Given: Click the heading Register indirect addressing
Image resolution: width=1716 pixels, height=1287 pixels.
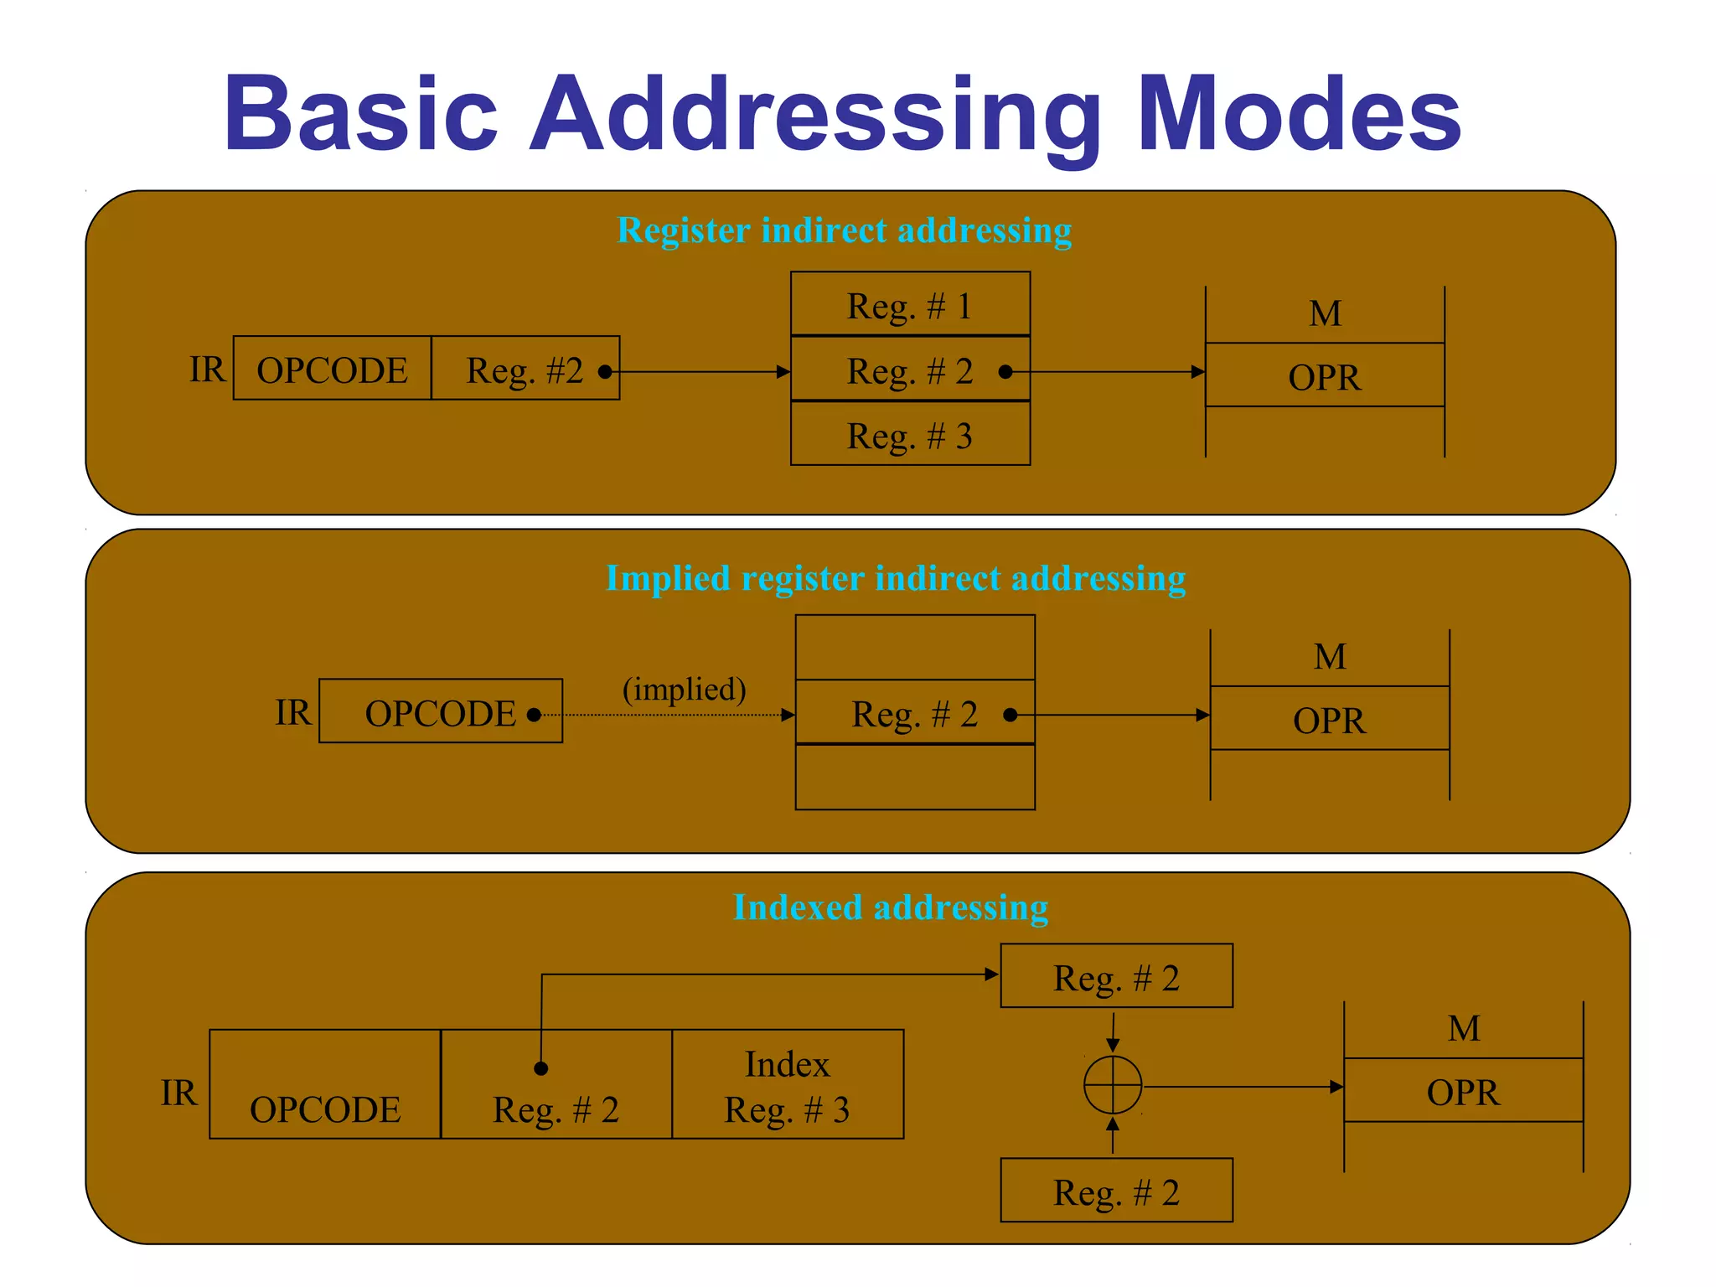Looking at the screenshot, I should [x=844, y=230].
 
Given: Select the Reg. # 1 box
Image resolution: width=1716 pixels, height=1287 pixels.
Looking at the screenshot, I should [x=910, y=305].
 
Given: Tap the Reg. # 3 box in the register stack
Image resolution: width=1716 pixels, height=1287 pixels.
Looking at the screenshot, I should [x=910, y=435].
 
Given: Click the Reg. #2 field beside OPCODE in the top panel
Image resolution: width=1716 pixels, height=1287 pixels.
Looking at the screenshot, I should [x=525, y=370].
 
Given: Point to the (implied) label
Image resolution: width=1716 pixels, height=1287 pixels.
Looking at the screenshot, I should [x=684, y=689].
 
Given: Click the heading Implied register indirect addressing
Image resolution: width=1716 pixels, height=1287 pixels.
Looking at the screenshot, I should [x=895, y=578].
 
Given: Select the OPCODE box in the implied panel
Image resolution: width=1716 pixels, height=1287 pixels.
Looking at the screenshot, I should [x=440, y=712].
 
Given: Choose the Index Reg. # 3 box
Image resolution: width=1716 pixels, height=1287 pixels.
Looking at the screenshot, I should [x=787, y=1085].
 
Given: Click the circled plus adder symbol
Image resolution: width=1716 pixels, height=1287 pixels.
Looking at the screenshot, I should [x=1112, y=1086].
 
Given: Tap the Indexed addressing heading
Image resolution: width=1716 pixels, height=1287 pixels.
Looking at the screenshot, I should [x=890, y=907].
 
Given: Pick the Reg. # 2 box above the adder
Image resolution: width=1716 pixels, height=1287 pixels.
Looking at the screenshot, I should [x=1116, y=977].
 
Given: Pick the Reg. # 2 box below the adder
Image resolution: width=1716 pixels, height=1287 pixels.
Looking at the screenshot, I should [x=1116, y=1191].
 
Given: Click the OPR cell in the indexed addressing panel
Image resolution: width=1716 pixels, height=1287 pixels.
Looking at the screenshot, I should [x=1463, y=1091].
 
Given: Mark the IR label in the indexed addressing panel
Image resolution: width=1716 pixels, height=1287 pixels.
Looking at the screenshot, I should [x=178, y=1093].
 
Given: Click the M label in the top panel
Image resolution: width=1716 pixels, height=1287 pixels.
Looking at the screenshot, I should [x=1325, y=314].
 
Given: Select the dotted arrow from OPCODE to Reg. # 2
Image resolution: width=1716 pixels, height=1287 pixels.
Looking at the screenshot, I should [x=670, y=716].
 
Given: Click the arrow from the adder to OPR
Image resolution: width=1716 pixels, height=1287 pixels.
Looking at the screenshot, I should [x=1240, y=1087].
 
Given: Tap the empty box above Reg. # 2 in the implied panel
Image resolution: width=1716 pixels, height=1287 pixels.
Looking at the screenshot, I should [x=915, y=648].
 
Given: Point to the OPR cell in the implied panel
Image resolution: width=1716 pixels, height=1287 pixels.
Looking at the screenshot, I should [x=1329, y=720].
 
